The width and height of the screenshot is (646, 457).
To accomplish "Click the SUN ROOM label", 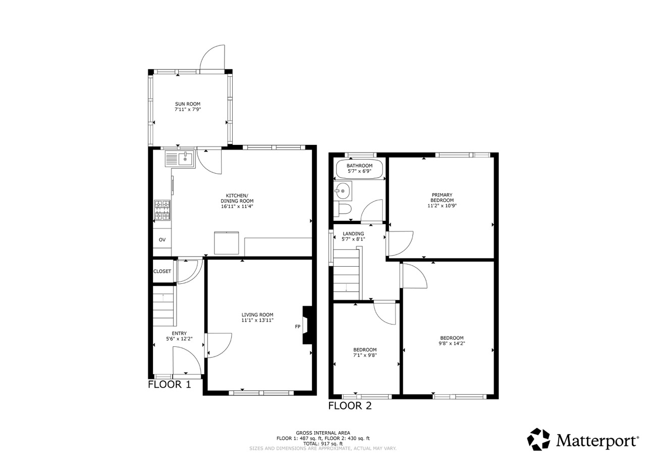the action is (x=187, y=104).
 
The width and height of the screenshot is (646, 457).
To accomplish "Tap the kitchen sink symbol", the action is (x=180, y=159).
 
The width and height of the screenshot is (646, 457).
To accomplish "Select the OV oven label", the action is (x=162, y=240).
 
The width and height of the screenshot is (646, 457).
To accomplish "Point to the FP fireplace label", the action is (x=298, y=327).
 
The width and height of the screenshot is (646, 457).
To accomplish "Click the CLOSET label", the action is (x=162, y=272).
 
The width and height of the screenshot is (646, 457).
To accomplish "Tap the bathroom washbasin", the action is (x=343, y=191).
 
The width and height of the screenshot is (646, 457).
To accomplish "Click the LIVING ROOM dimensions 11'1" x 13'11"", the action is (x=257, y=320).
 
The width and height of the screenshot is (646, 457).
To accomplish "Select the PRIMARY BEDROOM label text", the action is (x=442, y=197).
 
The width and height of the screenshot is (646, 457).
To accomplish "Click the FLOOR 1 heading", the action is (x=169, y=385).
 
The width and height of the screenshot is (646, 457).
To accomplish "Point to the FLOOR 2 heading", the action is (x=350, y=406).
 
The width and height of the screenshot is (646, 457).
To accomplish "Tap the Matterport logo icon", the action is (x=539, y=439).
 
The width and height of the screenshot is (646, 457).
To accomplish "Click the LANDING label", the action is (x=353, y=234).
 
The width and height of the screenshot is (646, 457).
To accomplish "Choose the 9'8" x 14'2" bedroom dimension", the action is (x=452, y=343).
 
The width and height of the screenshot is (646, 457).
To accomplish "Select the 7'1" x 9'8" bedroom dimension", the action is (x=365, y=355).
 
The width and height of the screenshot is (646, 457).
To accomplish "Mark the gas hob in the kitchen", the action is (x=163, y=211).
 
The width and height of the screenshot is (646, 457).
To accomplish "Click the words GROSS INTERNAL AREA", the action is (x=323, y=433).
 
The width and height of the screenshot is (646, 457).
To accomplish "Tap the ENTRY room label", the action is (x=179, y=333).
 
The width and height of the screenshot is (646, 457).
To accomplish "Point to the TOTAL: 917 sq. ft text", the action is (x=323, y=444).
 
